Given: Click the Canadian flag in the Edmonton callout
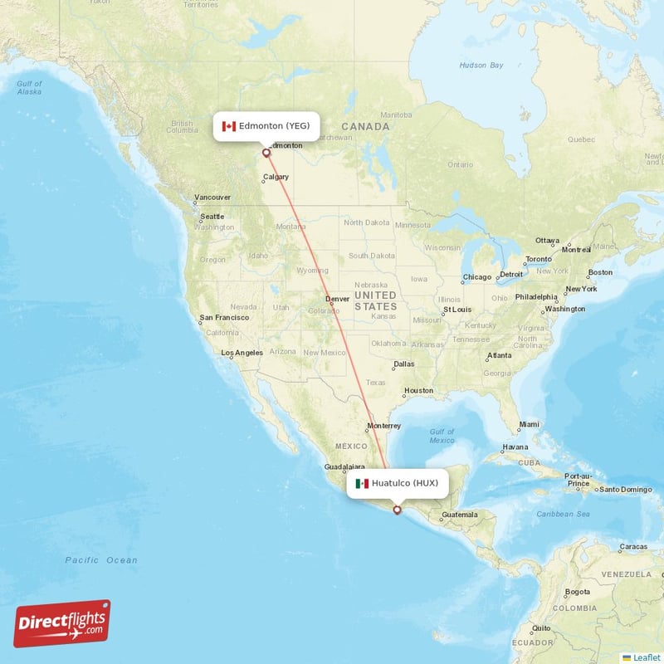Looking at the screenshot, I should (x=229, y=126).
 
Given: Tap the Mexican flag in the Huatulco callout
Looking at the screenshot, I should (x=362, y=483).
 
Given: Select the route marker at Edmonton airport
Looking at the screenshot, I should (x=266, y=153).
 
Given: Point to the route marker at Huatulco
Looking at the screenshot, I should (x=397, y=510).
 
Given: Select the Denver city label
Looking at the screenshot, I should (x=337, y=299).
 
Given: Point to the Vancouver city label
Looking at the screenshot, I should (x=212, y=198).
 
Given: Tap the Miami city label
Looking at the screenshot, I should (x=528, y=424).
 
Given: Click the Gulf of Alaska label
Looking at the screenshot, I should (x=29, y=87).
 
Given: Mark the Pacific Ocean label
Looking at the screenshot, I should (x=101, y=560).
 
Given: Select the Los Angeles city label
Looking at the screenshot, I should (x=242, y=353).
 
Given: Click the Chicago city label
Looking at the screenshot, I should (x=477, y=277).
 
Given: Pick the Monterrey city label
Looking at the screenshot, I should (x=383, y=426).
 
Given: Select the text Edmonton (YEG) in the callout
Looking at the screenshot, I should (x=274, y=126).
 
